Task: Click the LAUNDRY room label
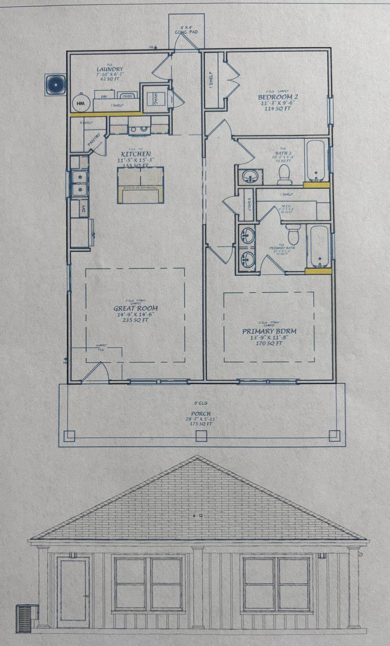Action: [x=110, y=69]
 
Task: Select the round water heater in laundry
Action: [x=80, y=103]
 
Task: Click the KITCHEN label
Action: [x=136, y=154]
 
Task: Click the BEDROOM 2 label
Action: [x=278, y=97]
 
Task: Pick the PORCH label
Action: [x=200, y=413]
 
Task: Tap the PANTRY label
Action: [x=94, y=141]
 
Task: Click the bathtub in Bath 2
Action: [x=316, y=160]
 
